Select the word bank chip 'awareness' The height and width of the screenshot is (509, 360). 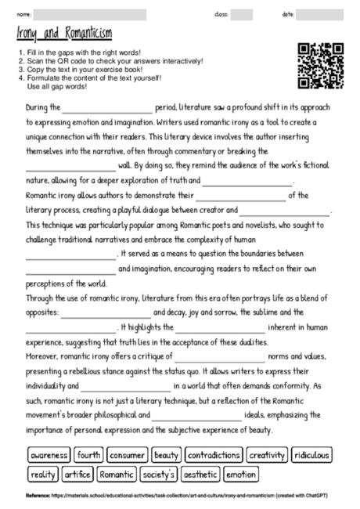(x=49, y=455)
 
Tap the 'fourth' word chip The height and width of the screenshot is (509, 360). (x=89, y=455)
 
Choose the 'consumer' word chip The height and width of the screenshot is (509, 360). (x=127, y=455)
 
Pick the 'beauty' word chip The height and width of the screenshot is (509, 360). (x=167, y=455)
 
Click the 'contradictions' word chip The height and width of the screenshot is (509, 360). (x=214, y=455)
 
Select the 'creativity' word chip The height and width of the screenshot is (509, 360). (x=267, y=455)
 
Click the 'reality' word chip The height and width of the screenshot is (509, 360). (x=44, y=474)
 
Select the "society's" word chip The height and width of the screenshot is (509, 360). (x=159, y=474)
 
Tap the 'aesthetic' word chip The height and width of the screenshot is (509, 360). (x=200, y=474)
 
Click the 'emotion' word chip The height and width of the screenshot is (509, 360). (x=240, y=474)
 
